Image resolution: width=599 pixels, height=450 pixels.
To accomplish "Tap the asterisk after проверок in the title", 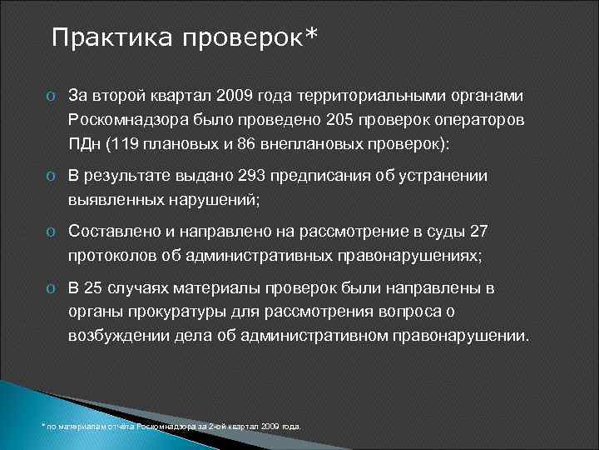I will (312, 35).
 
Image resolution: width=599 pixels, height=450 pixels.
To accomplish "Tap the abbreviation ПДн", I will (82, 143).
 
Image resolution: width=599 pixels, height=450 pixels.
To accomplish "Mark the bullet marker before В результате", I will (51, 176).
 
